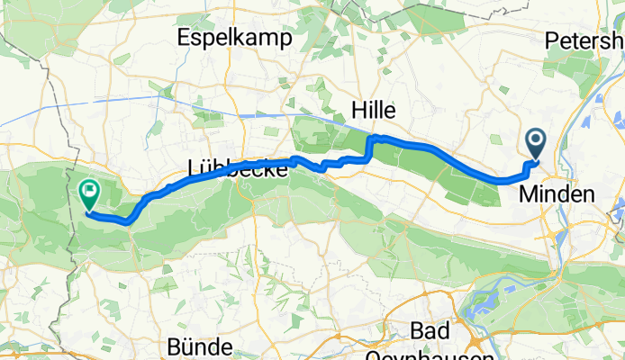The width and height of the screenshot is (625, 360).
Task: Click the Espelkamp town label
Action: point(237,38)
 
